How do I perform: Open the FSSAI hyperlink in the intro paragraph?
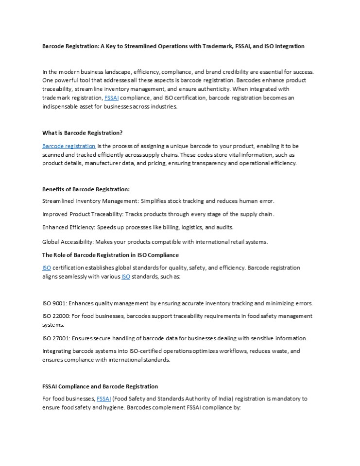click(x=111, y=98)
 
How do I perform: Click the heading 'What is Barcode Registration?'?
click(x=82, y=133)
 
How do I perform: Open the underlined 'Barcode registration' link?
click(x=69, y=146)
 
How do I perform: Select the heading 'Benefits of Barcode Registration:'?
click(x=86, y=189)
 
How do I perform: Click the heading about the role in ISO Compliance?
click(x=110, y=255)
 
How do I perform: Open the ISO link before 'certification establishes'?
click(x=47, y=268)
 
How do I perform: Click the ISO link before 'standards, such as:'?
click(x=125, y=277)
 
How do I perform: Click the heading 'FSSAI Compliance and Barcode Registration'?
click(x=100, y=386)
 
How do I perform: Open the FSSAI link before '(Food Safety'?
click(x=104, y=399)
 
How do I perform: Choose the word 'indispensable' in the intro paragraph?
click(x=62, y=107)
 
